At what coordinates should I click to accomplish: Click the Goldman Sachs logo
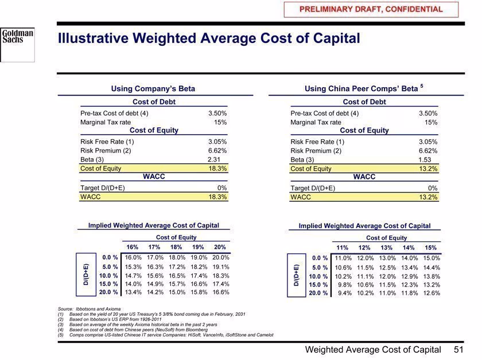(x=18, y=43)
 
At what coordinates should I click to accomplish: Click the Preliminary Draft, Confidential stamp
(x=371, y=9)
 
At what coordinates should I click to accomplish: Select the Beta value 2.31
(x=214, y=159)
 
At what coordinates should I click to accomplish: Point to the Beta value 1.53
(x=425, y=160)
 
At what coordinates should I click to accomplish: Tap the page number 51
(x=458, y=349)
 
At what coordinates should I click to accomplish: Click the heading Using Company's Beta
(x=153, y=88)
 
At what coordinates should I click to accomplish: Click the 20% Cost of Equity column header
(x=220, y=247)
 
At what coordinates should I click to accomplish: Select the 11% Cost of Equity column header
(x=342, y=248)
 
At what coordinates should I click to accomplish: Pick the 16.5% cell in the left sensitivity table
(x=177, y=276)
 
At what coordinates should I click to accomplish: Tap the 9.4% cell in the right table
(x=345, y=293)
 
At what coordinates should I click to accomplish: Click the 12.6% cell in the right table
(x=432, y=293)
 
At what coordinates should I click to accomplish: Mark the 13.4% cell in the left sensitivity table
(x=133, y=292)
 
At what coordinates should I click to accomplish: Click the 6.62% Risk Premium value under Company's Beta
(x=217, y=151)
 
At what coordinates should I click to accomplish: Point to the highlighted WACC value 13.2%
(x=428, y=197)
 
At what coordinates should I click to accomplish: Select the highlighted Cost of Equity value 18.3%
(x=217, y=169)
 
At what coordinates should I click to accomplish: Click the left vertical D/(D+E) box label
(x=86, y=275)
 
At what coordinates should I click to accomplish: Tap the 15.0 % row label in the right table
(x=318, y=285)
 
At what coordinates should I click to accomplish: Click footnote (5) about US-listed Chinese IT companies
(x=165, y=335)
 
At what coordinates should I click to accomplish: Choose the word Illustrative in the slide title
(x=93, y=38)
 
